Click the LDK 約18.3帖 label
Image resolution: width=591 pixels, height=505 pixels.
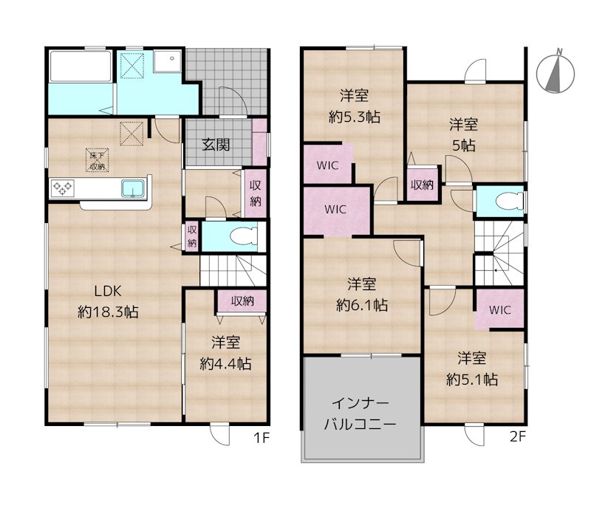tap(108, 301)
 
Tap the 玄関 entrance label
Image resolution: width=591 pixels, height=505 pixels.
tap(216, 145)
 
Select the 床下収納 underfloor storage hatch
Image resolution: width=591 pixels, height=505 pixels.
tap(98, 160)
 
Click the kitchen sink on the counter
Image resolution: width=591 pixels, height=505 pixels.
tap(133, 188)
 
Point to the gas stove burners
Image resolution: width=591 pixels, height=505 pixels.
tap(62, 188)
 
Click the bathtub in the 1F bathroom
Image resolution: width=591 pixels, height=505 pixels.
tap(81, 66)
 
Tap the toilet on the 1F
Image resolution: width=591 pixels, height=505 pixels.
tap(243, 237)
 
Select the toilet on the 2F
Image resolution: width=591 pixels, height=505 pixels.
tap(510, 202)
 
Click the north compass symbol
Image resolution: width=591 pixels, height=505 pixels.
tap(556, 72)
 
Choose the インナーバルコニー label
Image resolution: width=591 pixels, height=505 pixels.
tap(360, 414)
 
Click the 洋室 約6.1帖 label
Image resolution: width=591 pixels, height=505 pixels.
tap(362, 295)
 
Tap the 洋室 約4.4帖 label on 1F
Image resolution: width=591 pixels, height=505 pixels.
tap(225, 353)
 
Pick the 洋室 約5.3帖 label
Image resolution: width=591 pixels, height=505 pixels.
tap(355, 106)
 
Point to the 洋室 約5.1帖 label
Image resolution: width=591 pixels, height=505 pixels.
tap(472, 368)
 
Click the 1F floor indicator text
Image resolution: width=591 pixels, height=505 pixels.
tap(262, 438)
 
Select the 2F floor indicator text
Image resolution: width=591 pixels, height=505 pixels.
tap(518, 436)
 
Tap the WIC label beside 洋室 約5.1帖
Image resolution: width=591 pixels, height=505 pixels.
tap(500, 310)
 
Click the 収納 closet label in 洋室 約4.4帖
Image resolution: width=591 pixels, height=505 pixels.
tap(242, 301)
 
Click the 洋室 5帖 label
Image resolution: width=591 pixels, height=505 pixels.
tap(464, 134)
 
